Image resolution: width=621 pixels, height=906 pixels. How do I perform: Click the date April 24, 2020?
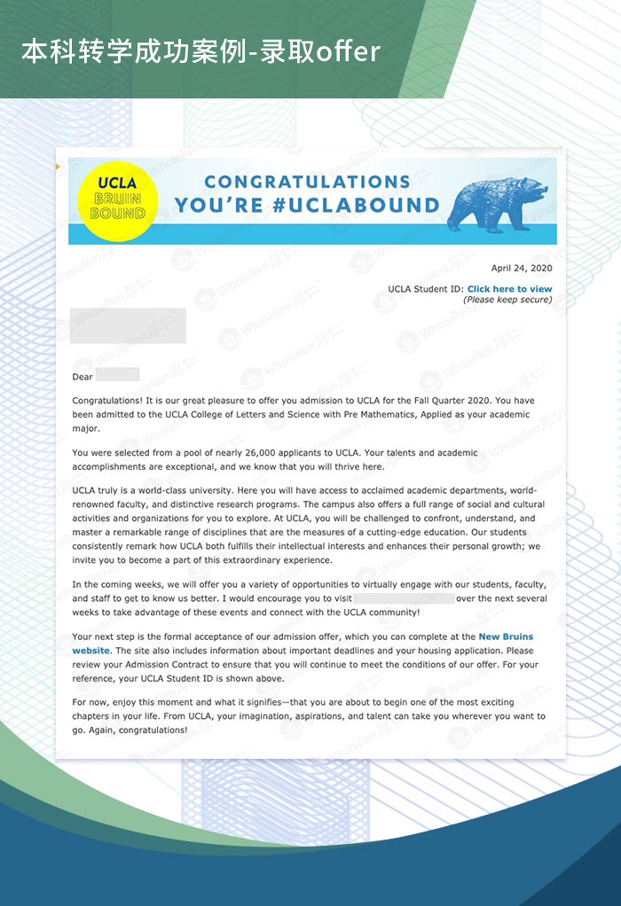pyautogui.click(x=522, y=268)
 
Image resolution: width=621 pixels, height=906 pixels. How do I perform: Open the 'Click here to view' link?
pyautogui.click(x=509, y=289)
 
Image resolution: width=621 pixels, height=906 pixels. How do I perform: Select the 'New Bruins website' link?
pyautogui.click(x=506, y=637)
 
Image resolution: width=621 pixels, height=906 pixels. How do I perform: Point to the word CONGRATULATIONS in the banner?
pyautogui.click(x=307, y=182)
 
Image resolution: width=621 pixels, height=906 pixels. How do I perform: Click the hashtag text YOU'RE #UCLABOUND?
pyautogui.click(x=307, y=206)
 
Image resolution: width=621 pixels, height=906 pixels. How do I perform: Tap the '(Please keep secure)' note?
pyautogui.click(x=507, y=300)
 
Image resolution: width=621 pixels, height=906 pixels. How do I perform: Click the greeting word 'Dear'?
pyautogui.click(x=83, y=377)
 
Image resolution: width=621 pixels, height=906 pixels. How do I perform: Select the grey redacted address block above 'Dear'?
pyautogui.click(x=128, y=325)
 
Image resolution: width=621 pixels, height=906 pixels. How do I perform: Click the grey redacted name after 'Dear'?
pyautogui.click(x=118, y=375)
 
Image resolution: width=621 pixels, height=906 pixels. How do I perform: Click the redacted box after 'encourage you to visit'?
pyautogui.click(x=404, y=598)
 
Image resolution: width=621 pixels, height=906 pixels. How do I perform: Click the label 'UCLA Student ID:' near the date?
pyautogui.click(x=426, y=289)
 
